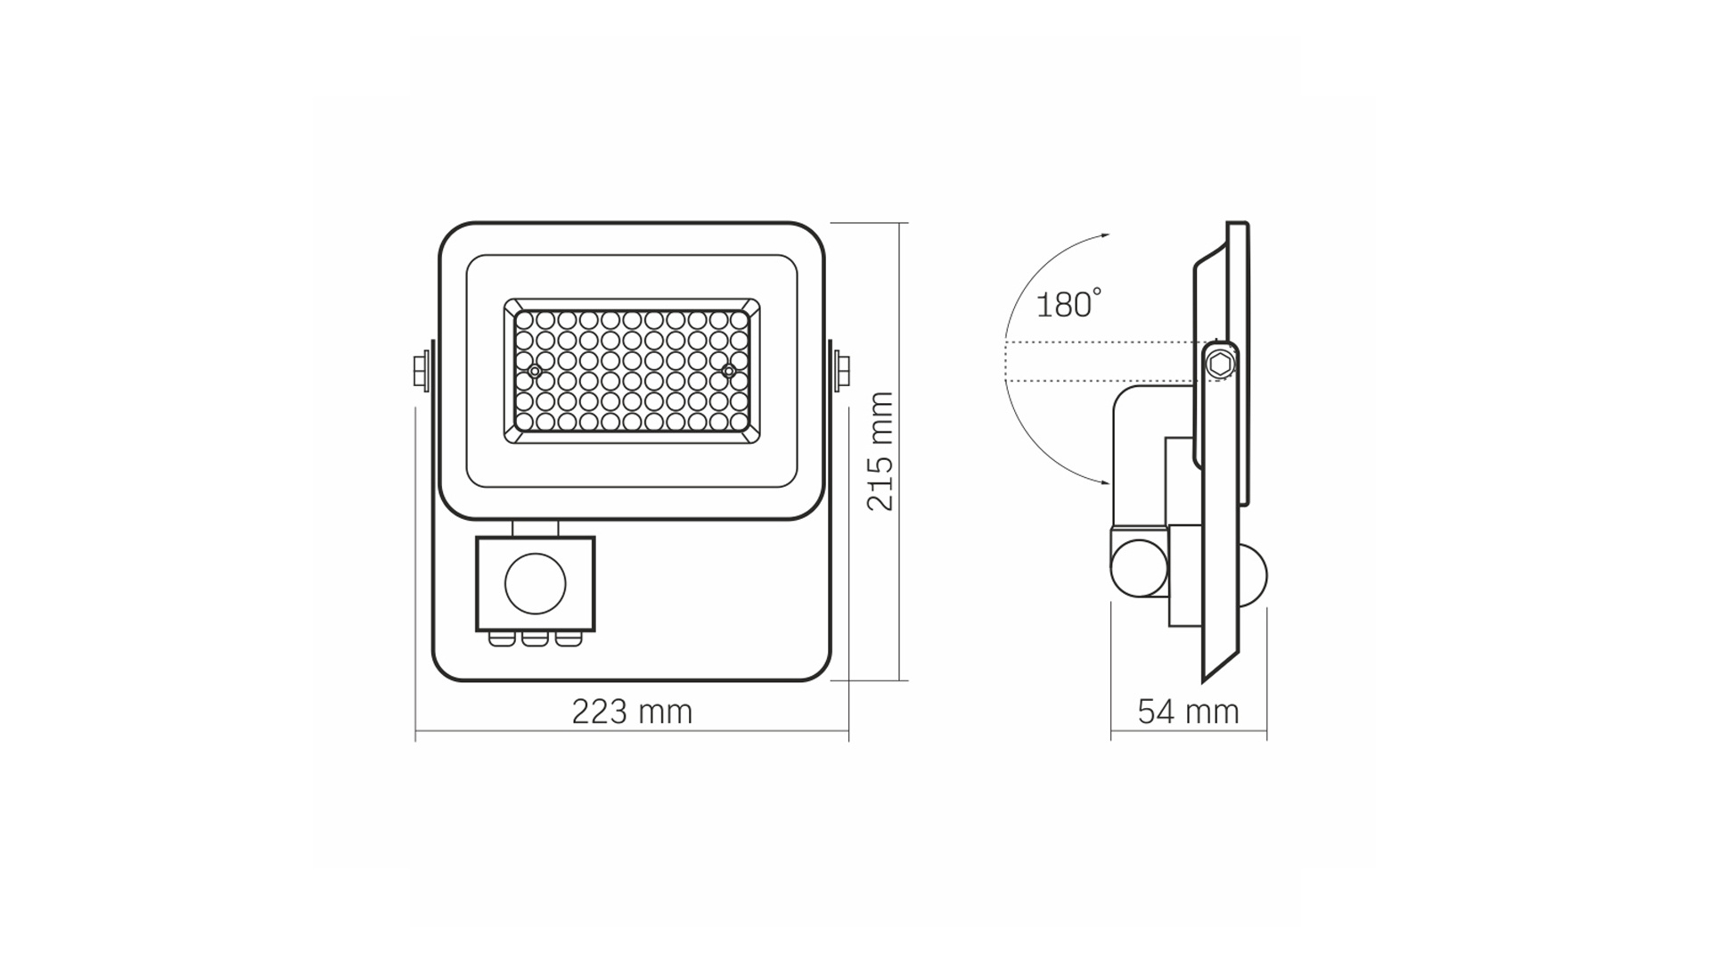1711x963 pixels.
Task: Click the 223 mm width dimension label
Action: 632,712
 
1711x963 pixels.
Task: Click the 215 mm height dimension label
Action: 880,451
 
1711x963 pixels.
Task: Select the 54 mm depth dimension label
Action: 1188,712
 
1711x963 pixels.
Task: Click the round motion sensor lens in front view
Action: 536,584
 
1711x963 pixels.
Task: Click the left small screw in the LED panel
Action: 534,370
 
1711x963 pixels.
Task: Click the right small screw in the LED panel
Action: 729,370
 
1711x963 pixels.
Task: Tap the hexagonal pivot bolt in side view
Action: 1220,364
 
